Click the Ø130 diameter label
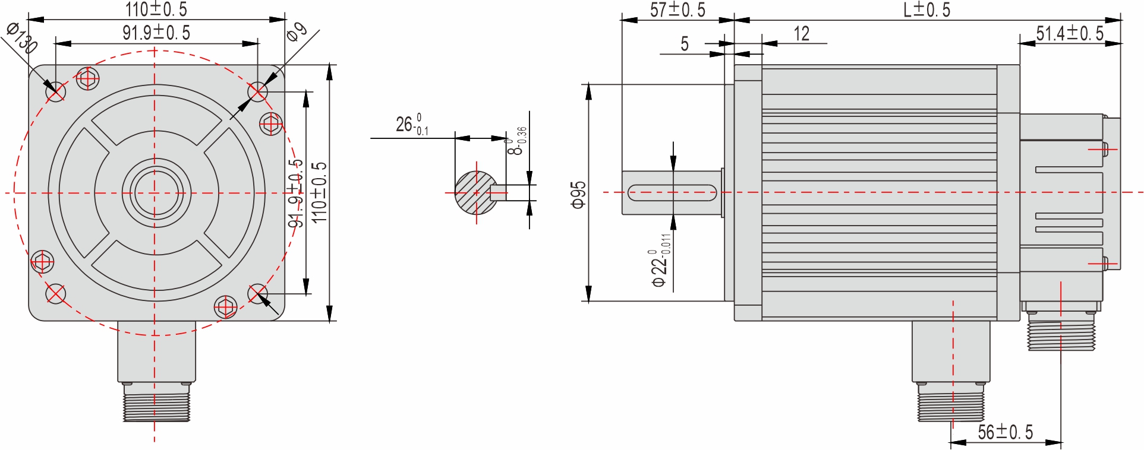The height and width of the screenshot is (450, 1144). (x=22, y=37)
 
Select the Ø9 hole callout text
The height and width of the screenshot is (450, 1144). (x=297, y=31)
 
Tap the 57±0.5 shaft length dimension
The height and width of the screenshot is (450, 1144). (x=677, y=9)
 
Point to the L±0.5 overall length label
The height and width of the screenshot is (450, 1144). (x=926, y=9)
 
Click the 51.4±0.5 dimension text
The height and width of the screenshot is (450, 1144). (x=1070, y=33)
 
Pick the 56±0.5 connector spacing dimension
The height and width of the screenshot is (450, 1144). (x=1006, y=432)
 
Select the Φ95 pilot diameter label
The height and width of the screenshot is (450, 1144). (x=578, y=195)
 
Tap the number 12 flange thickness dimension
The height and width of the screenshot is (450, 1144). (x=801, y=34)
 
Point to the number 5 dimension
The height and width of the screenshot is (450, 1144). (x=685, y=43)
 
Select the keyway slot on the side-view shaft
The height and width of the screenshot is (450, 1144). (x=672, y=193)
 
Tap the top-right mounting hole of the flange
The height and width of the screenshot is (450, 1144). (x=257, y=91)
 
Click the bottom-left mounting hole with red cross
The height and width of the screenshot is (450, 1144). (x=55, y=293)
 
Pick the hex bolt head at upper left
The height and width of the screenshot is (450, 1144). (x=87, y=78)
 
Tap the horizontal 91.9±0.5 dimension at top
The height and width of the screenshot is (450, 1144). (x=156, y=33)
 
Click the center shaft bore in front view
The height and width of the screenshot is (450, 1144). (x=155, y=193)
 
